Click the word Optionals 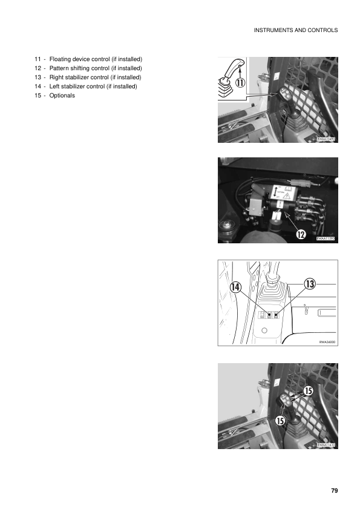(62, 96)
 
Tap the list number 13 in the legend (38, 77)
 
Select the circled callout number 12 (301, 233)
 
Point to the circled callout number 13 (309, 283)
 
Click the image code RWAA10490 (326, 139)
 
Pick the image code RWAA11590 (326, 240)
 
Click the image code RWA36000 (327, 342)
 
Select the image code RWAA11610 (326, 445)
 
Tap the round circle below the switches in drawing (264, 331)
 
